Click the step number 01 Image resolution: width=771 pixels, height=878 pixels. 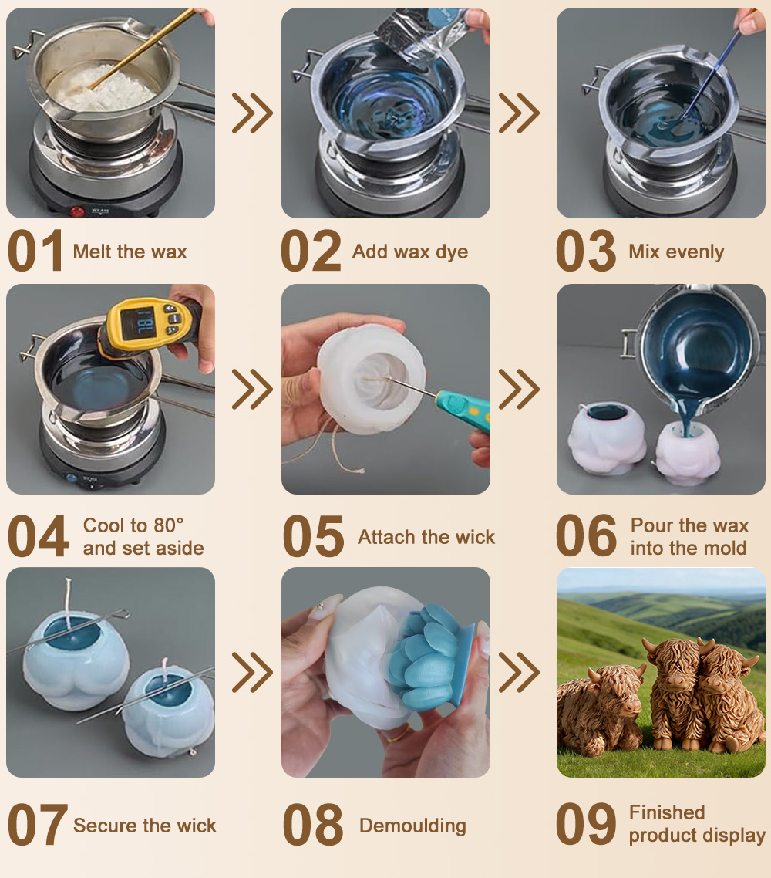coord(35,251)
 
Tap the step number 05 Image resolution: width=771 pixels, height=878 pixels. coord(313,536)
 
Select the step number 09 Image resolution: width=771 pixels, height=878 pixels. coord(586,824)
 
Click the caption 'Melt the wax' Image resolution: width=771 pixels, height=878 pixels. coord(130,252)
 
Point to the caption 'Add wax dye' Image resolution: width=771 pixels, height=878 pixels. coord(410,252)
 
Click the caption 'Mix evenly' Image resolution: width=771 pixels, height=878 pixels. coord(676,252)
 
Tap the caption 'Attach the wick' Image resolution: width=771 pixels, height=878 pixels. coord(426,537)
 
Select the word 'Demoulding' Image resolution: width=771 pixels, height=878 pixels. coord(413,826)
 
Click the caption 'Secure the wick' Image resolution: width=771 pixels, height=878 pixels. coord(144,826)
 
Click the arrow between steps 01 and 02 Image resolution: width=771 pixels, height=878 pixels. coord(252,113)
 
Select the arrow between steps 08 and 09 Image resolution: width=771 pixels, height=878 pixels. coord(519,672)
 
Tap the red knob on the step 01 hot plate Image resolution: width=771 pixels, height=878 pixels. coord(77,211)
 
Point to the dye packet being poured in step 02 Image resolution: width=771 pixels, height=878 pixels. coord(423,35)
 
